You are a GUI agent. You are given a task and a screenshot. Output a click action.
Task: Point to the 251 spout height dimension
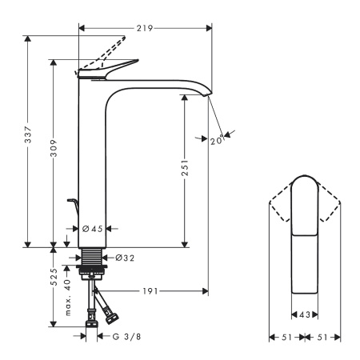click(x=185, y=167)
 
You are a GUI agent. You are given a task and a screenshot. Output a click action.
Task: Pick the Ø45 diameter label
click(x=94, y=229)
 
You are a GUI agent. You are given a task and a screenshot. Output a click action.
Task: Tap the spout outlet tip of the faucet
click(x=210, y=94)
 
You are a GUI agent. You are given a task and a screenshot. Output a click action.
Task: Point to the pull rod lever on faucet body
click(x=71, y=205)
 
